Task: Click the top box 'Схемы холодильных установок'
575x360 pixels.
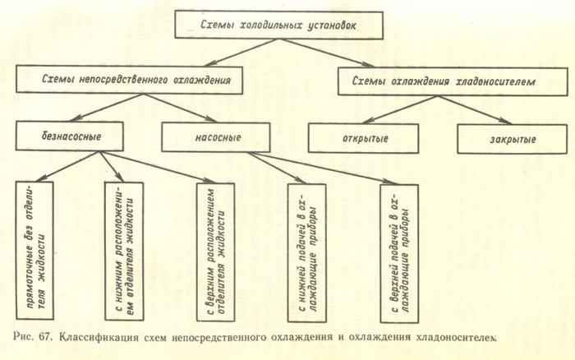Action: click(x=279, y=25)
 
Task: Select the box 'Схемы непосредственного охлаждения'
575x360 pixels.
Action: click(x=131, y=80)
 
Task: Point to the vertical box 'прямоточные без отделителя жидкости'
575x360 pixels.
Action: click(x=39, y=251)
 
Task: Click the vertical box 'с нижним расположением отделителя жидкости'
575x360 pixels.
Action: click(x=125, y=251)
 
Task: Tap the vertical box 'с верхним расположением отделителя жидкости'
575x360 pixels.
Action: click(x=216, y=251)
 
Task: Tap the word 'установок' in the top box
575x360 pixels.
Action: click(x=346, y=25)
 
